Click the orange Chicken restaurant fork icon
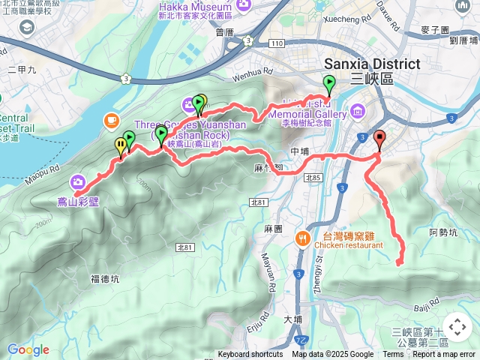pyautogui.click(x=302, y=238)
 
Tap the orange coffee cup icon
pyautogui.click(x=111, y=119)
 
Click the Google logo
pyautogui.click(x=28, y=349)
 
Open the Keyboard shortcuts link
pyautogui.click(x=250, y=355)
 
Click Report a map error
pyautogui.click(x=443, y=355)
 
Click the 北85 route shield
pyautogui.click(x=313, y=178)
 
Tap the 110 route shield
pyautogui.click(x=277, y=43)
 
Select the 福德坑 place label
pyautogui.click(x=105, y=279)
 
